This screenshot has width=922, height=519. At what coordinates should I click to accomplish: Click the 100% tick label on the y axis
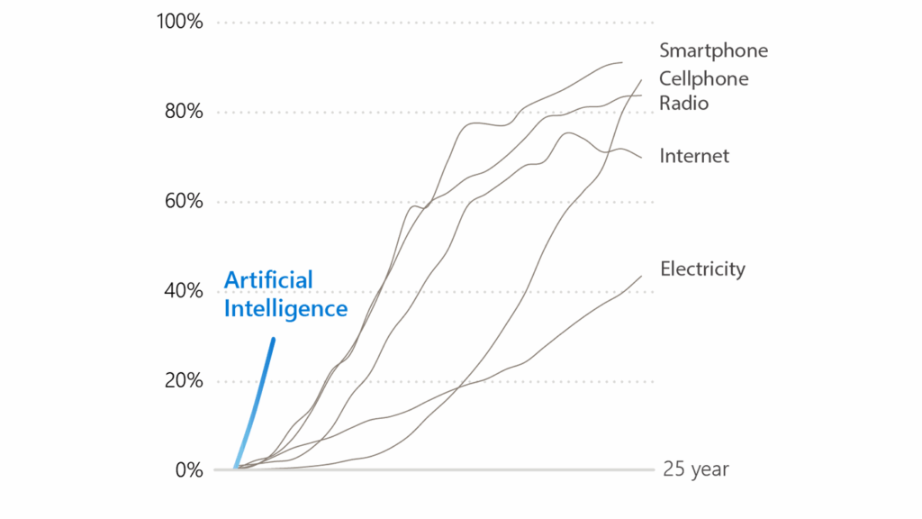point(179,22)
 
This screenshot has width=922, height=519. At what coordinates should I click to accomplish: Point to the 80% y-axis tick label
point(183,112)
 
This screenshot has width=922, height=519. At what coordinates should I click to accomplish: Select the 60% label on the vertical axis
point(183,201)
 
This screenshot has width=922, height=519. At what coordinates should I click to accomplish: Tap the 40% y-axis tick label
point(183,291)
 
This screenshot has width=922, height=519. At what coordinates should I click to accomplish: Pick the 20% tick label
point(183,380)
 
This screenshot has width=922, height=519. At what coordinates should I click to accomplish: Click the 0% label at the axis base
point(189,469)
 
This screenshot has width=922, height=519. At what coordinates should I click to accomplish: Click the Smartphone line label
point(713,50)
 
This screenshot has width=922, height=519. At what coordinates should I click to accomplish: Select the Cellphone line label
point(703,79)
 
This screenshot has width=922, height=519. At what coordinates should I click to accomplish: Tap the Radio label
point(683,103)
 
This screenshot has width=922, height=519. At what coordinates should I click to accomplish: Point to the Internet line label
point(694,156)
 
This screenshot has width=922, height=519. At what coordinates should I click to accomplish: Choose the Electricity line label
point(702,269)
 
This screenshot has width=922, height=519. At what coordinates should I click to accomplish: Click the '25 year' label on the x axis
point(695,469)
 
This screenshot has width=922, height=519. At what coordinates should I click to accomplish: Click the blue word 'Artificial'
point(268,280)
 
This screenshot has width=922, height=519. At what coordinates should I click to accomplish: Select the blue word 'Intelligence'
point(285,309)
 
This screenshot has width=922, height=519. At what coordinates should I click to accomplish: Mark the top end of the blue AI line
point(273,340)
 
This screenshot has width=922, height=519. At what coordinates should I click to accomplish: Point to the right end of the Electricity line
point(640,277)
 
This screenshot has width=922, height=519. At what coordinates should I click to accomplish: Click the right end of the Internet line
point(641,157)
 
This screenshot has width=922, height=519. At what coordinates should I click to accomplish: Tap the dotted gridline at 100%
point(432,23)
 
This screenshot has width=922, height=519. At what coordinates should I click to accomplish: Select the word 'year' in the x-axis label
point(709,470)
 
